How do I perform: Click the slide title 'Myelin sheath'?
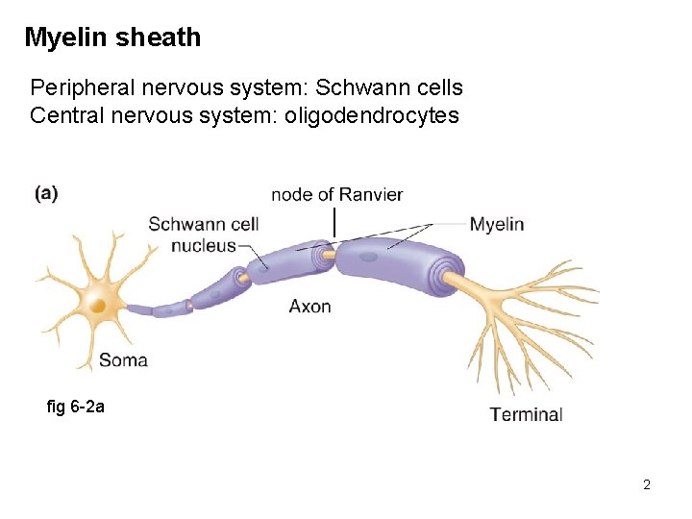pyautogui.click(x=112, y=37)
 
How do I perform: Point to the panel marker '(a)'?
pyautogui.click(x=46, y=193)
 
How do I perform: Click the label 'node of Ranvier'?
pyautogui.click(x=336, y=195)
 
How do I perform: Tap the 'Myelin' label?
pyautogui.click(x=496, y=224)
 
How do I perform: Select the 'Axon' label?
pyautogui.click(x=309, y=307)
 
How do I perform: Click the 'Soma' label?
pyautogui.click(x=123, y=360)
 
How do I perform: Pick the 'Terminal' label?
pyautogui.click(x=526, y=414)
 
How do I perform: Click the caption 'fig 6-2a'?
pyautogui.click(x=75, y=407)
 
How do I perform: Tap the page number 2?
pyautogui.click(x=647, y=484)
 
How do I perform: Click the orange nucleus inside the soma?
pyautogui.click(x=97, y=306)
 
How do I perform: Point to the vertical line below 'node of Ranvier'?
pyautogui.click(x=334, y=223)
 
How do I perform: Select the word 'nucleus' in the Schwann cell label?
pyautogui.click(x=203, y=245)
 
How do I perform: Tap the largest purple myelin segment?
pyautogui.click(x=389, y=264)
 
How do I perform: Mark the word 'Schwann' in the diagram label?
pyautogui.click(x=185, y=225)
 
